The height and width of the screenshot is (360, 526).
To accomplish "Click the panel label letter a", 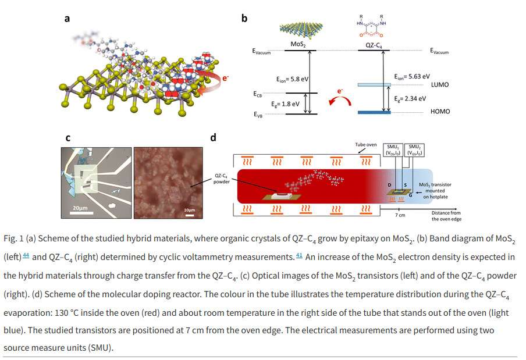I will click(67, 19).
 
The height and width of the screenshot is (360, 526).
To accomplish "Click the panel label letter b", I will click(244, 19).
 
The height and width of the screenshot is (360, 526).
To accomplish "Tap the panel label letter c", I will click(67, 138).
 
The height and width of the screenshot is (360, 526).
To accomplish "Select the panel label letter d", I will click(213, 138).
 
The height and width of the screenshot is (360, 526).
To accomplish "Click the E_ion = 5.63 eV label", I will click(411, 76).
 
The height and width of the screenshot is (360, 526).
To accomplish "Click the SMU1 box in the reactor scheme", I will click(396, 150).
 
